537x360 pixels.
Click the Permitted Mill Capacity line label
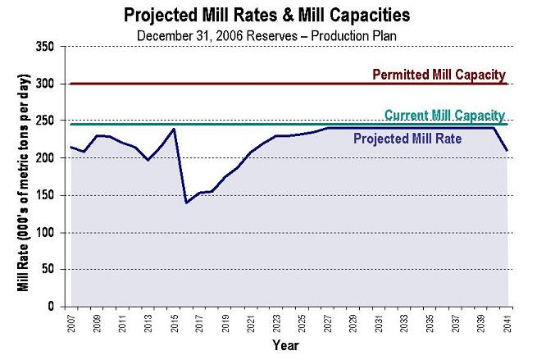pyautogui.click(x=439, y=75)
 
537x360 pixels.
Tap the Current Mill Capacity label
pyautogui.click(x=444, y=115)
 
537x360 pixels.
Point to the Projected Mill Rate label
pyautogui.click(x=407, y=139)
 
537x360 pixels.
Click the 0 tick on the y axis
pyautogui.click(x=52, y=307)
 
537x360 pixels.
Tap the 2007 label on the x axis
pyautogui.click(x=71, y=323)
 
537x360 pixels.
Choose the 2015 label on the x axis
pyautogui.click(x=174, y=323)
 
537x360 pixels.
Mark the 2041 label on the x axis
pyautogui.click(x=508, y=323)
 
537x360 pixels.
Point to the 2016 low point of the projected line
pyautogui.click(x=186, y=203)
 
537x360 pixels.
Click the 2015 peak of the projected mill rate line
pyautogui.click(x=174, y=129)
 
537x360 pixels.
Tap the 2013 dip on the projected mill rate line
pyautogui.click(x=148, y=160)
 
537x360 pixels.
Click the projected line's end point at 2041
pyautogui.click(x=508, y=150)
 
